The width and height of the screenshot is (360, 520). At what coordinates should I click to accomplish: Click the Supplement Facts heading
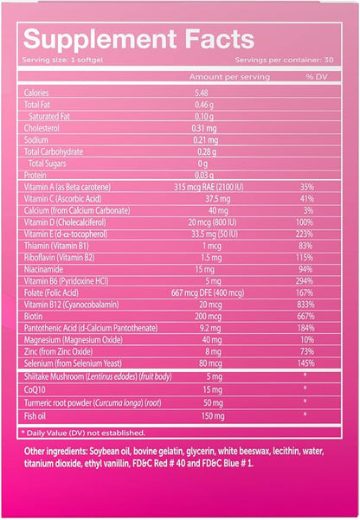click(x=138, y=39)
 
